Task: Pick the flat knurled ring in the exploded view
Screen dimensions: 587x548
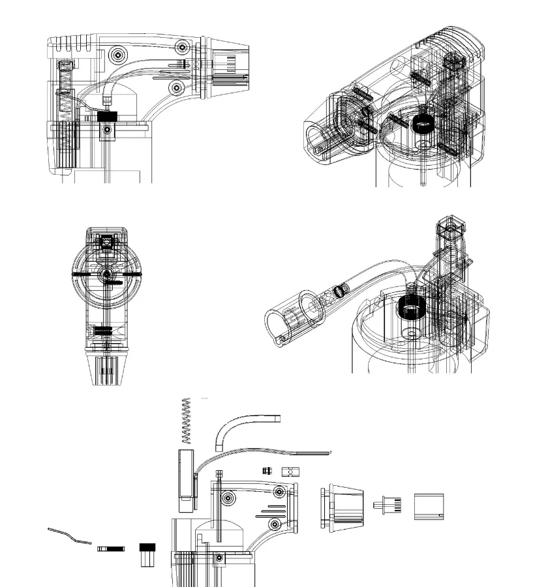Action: coord(110,549)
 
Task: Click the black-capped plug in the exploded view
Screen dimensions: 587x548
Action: coord(147,554)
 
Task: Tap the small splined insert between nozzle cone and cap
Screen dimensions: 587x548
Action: coord(388,504)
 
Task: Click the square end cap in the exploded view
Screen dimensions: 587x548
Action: coord(429,506)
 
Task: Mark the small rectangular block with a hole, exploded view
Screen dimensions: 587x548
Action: coord(290,472)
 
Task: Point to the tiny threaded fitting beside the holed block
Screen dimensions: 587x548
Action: coord(267,470)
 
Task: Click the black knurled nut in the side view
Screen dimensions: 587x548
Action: coord(106,116)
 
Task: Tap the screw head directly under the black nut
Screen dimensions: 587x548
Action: coord(106,131)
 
